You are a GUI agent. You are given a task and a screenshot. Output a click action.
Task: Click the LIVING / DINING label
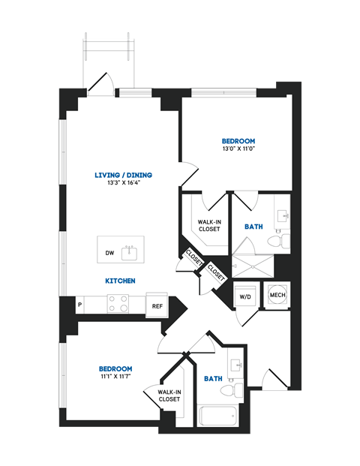(123, 175)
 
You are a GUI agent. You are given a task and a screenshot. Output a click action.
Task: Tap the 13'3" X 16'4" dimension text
(123, 184)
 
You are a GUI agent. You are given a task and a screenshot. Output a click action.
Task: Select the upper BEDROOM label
(238, 141)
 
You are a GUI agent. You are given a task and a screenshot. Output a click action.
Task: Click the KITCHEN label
(120, 281)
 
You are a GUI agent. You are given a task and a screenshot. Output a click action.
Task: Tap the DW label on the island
(109, 253)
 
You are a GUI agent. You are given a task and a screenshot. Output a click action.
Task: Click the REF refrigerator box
(157, 305)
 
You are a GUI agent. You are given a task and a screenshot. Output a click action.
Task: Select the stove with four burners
(117, 303)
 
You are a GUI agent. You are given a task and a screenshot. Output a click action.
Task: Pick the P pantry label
(80, 304)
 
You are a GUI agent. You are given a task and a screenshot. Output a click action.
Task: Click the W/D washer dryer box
(245, 296)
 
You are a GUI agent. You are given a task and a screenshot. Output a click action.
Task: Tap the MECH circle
(277, 295)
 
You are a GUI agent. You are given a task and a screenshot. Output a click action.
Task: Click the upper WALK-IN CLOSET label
(208, 225)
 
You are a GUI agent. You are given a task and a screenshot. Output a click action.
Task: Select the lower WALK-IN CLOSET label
(169, 395)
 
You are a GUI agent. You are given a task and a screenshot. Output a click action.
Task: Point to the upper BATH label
(253, 226)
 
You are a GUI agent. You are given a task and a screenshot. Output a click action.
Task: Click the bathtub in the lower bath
(217, 415)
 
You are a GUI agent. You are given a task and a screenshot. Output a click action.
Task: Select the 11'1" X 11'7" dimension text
(115, 377)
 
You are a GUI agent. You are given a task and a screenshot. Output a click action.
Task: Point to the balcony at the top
(109, 63)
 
